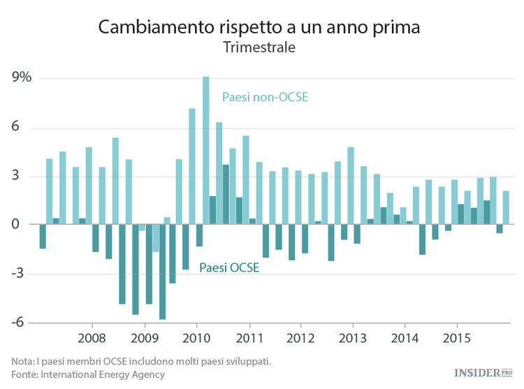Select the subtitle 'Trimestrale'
click(259, 48)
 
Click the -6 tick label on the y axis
click(19, 323)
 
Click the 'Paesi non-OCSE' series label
click(265, 97)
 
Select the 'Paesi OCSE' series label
click(230, 267)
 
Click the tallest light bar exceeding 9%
click(206, 150)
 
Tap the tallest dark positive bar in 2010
click(226, 195)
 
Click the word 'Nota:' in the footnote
click(22, 361)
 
